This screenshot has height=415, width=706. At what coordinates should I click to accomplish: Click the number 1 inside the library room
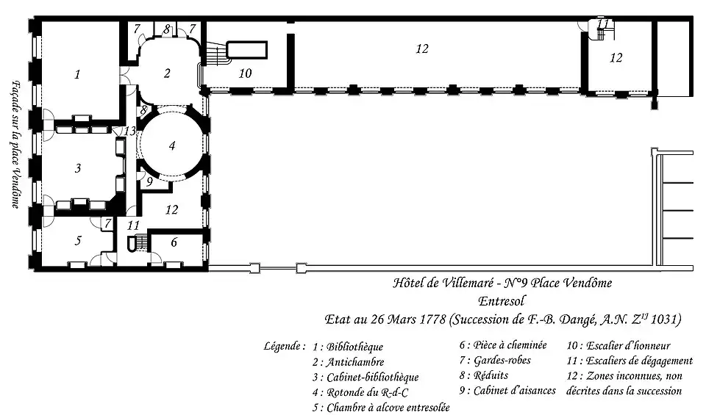[77, 74]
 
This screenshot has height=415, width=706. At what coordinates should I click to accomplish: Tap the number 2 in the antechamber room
[167, 73]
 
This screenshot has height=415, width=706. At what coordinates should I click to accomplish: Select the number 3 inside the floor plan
[78, 167]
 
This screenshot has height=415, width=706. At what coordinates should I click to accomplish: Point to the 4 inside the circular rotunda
[172, 145]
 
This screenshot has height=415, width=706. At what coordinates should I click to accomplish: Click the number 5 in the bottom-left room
[78, 240]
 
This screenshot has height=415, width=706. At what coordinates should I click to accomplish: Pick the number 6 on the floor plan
[174, 243]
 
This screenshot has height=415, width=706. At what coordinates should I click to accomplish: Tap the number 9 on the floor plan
[149, 181]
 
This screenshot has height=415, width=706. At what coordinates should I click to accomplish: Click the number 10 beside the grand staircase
[245, 73]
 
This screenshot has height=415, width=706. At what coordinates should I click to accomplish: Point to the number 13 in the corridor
[129, 131]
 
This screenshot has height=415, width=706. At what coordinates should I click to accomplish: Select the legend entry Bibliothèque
[354, 347]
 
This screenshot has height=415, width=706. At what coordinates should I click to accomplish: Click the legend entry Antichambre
[355, 362]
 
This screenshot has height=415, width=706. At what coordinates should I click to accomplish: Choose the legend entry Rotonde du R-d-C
[368, 392]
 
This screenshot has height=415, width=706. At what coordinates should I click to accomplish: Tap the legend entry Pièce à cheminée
[510, 345]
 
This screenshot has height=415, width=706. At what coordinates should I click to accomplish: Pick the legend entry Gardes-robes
[502, 360]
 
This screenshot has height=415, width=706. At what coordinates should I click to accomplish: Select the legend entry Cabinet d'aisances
[515, 390]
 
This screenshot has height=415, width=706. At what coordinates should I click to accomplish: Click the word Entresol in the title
[502, 301]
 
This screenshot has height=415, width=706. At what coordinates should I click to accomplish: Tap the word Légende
[282, 347]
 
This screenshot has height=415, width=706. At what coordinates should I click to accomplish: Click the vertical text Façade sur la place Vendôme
[15, 144]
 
